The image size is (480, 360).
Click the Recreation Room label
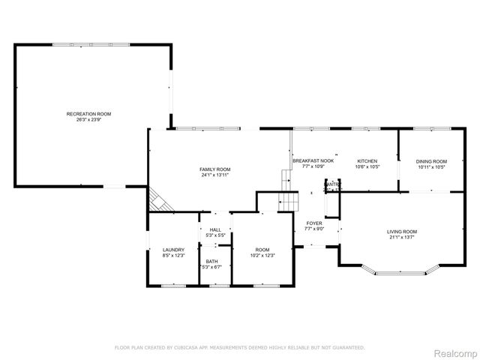[x=88, y=113]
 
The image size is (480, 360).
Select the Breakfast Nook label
[x=313, y=161]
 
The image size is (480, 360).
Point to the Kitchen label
[x=367, y=161]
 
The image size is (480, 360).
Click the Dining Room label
[x=431, y=161]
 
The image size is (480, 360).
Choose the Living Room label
[x=402, y=232]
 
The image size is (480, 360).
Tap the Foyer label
[x=314, y=223]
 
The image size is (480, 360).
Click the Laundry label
[x=173, y=250]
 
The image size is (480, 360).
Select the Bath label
[x=211, y=261]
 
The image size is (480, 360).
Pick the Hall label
[x=215, y=229]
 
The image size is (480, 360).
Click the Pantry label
[x=331, y=184]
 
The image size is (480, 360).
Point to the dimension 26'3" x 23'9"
[x=88, y=119]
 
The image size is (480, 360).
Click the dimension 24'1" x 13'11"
[x=214, y=175]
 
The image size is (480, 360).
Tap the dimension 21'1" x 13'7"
[x=402, y=238]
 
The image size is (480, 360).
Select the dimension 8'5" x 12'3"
[x=173, y=256]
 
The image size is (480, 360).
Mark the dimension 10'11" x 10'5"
[x=431, y=167]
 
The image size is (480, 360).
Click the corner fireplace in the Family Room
[x=157, y=199]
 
